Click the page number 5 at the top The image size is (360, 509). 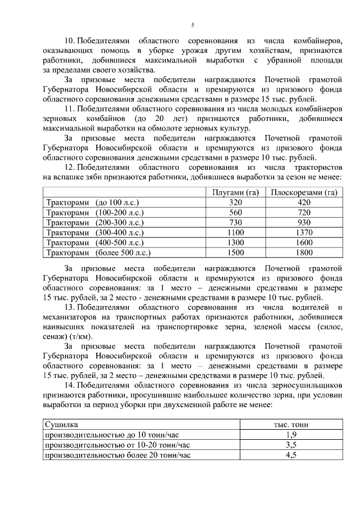(x=192, y=25)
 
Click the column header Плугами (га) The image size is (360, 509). (x=235, y=192)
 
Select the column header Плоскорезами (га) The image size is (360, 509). (x=304, y=192)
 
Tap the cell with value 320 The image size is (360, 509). (x=235, y=202)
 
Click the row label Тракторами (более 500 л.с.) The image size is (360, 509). (x=98, y=253)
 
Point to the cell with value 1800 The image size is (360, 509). (x=304, y=253)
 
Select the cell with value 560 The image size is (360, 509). (x=235, y=213)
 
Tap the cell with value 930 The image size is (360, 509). (x=304, y=223)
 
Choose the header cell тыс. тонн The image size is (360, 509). (x=291, y=425)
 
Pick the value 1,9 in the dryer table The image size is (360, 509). (x=291, y=435)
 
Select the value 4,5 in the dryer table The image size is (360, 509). (x=291, y=455)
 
